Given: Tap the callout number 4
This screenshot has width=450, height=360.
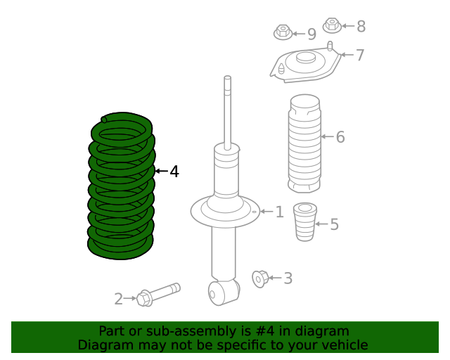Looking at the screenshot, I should click(x=174, y=171).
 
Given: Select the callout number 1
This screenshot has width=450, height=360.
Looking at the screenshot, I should click(x=279, y=212).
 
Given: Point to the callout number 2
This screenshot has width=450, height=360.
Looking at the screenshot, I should click(x=118, y=299).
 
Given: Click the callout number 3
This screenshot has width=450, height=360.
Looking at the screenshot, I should click(x=288, y=278).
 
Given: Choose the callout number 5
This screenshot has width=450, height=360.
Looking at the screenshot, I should click(x=334, y=224).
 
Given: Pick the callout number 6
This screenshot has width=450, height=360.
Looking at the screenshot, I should click(x=340, y=136).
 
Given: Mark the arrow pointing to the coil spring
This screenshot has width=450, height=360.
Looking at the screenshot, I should click(x=161, y=171).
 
